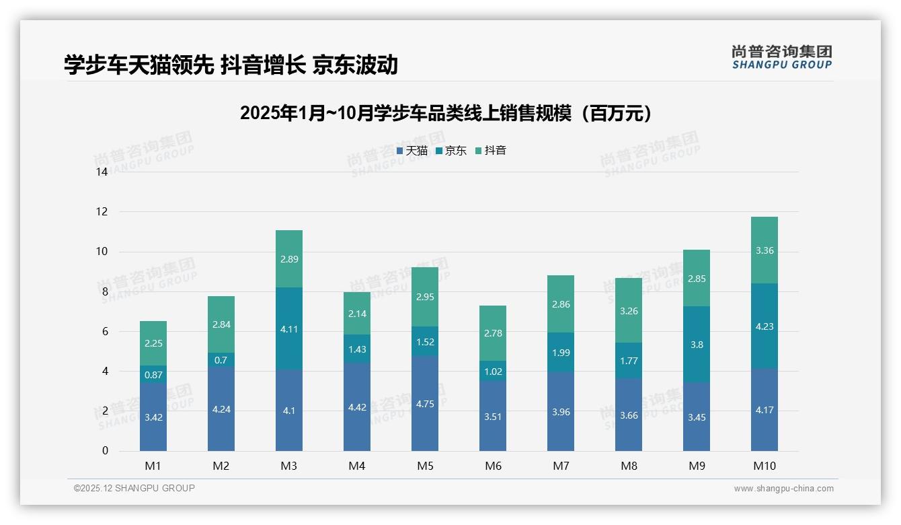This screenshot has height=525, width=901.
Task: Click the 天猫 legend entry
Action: click(x=412, y=151)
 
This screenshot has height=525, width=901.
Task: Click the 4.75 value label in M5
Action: click(x=425, y=405)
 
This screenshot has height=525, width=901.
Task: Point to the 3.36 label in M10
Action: click(x=765, y=250)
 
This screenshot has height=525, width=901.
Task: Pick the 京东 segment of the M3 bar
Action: click(x=289, y=328)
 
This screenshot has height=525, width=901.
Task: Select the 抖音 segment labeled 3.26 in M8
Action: click(x=629, y=311)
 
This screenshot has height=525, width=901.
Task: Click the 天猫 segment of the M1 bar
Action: click(x=153, y=417)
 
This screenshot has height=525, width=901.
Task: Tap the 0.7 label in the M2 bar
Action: click(x=221, y=360)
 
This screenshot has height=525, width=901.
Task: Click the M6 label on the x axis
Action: click(x=493, y=466)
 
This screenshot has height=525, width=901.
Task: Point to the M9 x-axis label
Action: click(x=697, y=466)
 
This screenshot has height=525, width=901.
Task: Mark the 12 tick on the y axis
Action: click(x=102, y=211)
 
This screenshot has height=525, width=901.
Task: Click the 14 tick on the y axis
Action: click(x=102, y=172)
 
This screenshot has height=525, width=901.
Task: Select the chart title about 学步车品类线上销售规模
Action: click(x=446, y=113)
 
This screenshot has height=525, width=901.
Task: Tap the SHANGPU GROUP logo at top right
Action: click(x=781, y=57)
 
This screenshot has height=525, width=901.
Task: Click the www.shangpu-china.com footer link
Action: click(x=783, y=489)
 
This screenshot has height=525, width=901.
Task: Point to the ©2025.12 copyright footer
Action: click(x=134, y=488)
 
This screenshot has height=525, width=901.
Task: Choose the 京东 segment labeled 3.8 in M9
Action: click(x=697, y=345)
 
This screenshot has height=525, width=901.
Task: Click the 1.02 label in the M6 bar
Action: click(x=493, y=371)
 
